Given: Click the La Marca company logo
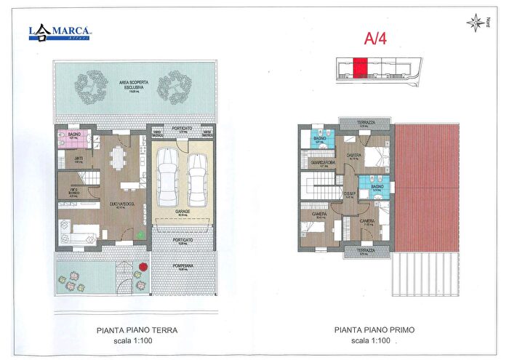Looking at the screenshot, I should pos(60,31).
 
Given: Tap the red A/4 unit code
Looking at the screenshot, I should pos(375,38).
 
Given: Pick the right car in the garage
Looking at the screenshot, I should pos(198,179).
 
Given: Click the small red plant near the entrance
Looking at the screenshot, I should pos(143,266).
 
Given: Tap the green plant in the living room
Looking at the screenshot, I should pos(140,234).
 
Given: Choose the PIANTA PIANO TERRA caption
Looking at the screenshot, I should pos(137,329).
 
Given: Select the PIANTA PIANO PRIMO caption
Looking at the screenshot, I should pos(369,329).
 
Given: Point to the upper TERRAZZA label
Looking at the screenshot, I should pos(361,123).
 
